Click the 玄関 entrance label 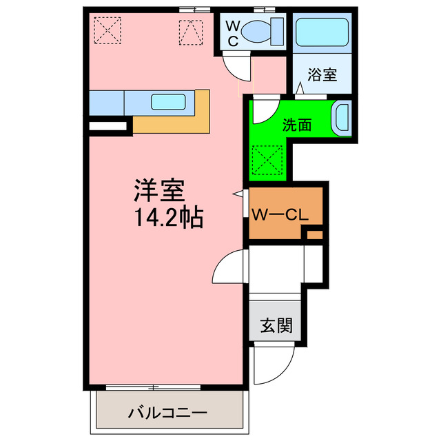(276, 325)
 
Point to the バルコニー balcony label (167, 414)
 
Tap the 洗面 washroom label (297, 125)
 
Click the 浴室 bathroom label (322, 74)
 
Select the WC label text (234, 32)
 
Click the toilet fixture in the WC (263, 30)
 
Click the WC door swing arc (237, 68)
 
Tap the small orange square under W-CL (314, 235)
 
